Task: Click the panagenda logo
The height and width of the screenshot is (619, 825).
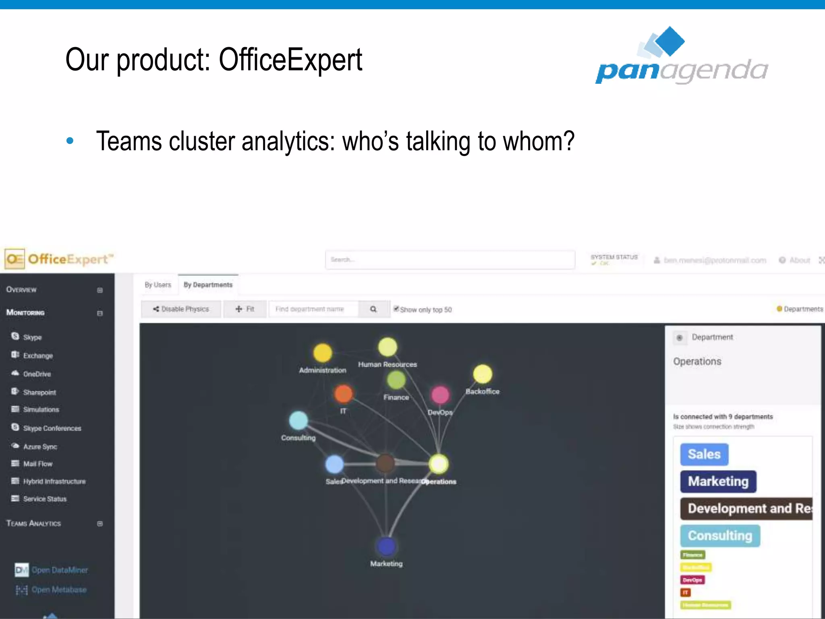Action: [x=682, y=56]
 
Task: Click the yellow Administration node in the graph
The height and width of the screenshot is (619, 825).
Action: [x=322, y=353]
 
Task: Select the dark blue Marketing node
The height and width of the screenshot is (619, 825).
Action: [x=386, y=546]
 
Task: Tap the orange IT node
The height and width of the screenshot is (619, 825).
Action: [x=343, y=394]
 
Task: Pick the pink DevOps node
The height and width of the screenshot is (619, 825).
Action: [x=440, y=395]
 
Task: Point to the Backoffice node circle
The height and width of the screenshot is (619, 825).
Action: [x=482, y=374]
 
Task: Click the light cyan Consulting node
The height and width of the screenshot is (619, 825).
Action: [x=298, y=420]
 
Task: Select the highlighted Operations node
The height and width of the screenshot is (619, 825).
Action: [x=438, y=463]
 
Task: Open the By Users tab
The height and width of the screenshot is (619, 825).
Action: [x=158, y=285]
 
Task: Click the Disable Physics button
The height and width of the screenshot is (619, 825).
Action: [x=181, y=309]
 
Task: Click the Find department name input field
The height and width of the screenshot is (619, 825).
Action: [x=313, y=309]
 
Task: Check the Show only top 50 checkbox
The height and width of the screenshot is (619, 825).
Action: [x=396, y=309]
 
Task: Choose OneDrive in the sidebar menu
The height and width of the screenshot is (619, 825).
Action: [x=37, y=374]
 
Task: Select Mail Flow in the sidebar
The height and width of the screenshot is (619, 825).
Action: [x=38, y=464]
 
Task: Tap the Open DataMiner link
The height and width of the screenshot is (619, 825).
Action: [x=60, y=570]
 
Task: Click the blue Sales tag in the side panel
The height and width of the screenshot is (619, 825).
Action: [x=704, y=454]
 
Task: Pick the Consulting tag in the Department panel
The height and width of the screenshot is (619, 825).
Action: [x=720, y=536]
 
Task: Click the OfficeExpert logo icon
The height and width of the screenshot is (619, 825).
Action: [x=15, y=259]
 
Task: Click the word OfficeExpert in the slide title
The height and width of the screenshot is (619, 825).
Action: [x=290, y=60]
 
